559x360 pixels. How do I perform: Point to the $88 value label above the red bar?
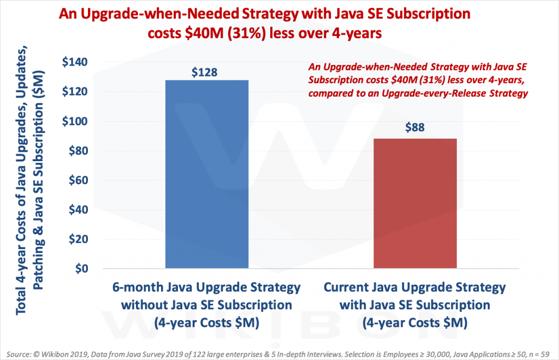click(x=415, y=129)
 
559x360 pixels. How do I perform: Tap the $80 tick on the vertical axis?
click(x=79, y=151)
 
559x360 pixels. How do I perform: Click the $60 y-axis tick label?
click(x=79, y=180)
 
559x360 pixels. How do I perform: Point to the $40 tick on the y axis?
click(x=79, y=210)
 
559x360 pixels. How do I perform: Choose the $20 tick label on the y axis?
click(x=79, y=239)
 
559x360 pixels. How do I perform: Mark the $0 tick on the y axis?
click(x=81, y=269)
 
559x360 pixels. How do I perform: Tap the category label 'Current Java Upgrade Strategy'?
click(x=415, y=287)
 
